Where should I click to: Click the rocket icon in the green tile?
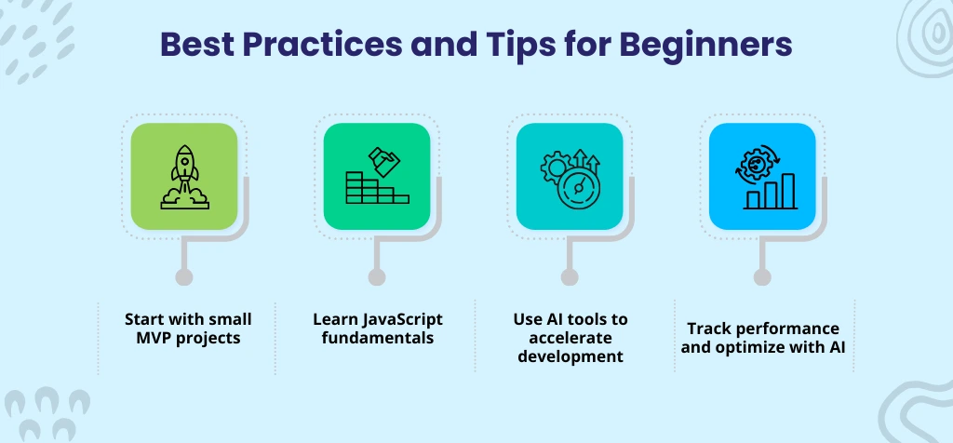183,176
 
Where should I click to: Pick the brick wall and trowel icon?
377,176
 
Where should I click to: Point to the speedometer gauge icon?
570,176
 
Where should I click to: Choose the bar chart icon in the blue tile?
763,176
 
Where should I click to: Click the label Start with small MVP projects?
188,328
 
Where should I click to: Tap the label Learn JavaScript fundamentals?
378,328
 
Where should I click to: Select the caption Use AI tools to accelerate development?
570,337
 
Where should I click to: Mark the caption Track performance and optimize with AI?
763,337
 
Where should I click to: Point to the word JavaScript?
401,318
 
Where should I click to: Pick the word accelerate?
570,338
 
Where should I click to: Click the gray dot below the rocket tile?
184,276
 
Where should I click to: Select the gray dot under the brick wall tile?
377,276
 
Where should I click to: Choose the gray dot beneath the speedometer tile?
570,276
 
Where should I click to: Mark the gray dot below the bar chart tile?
763,276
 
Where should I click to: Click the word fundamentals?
378,338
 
